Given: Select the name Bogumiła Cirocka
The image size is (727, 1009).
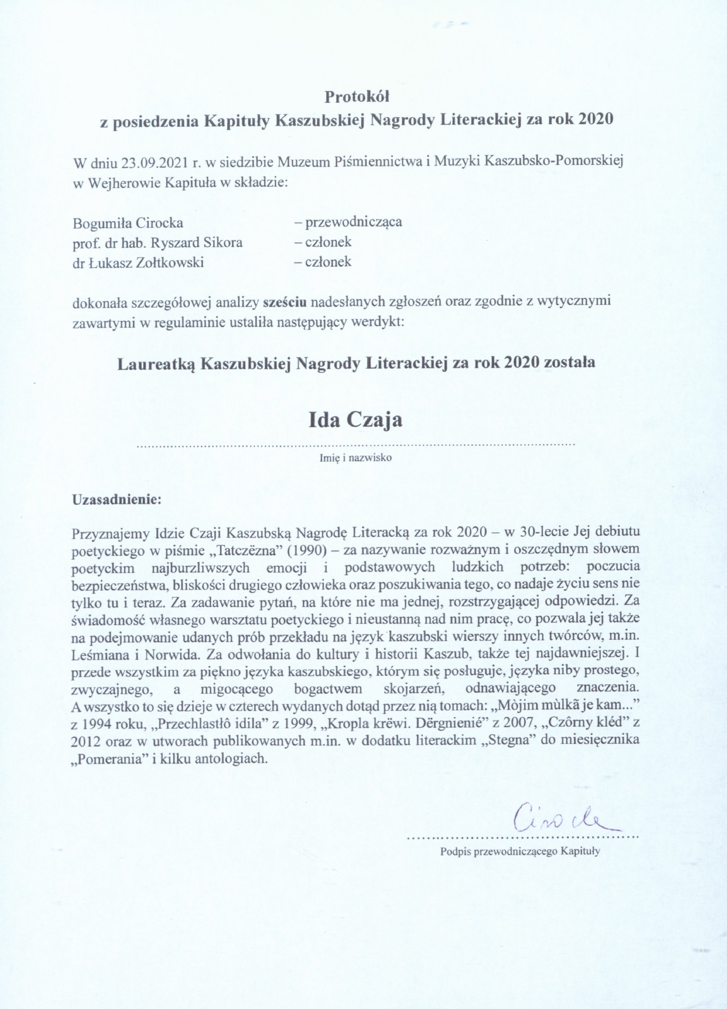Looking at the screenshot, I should pyautogui.click(x=128, y=223).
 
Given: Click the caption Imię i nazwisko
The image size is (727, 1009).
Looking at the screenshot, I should pyautogui.click(x=355, y=458).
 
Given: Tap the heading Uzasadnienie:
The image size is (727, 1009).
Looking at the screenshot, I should pyautogui.click(x=117, y=499).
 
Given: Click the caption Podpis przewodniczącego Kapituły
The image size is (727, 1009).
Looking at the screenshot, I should pyautogui.click(x=520, y=852).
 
